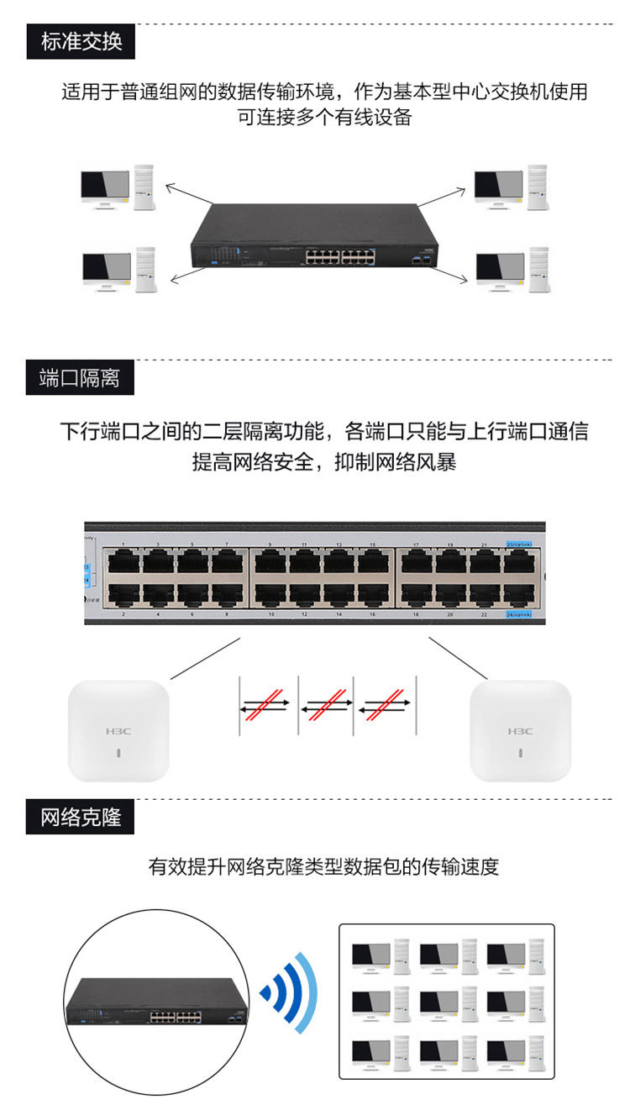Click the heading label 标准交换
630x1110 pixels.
[81, 41]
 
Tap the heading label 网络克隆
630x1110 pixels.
[81, 817]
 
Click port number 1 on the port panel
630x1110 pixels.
[124, 545]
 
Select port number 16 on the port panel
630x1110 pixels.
[372, 615]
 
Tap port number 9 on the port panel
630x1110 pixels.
[270, 545]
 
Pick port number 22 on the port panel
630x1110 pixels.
[484, 615]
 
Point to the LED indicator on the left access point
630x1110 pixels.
[118, 754]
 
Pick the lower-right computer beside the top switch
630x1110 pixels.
[512, 271]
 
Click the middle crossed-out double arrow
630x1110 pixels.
[325, 704]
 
